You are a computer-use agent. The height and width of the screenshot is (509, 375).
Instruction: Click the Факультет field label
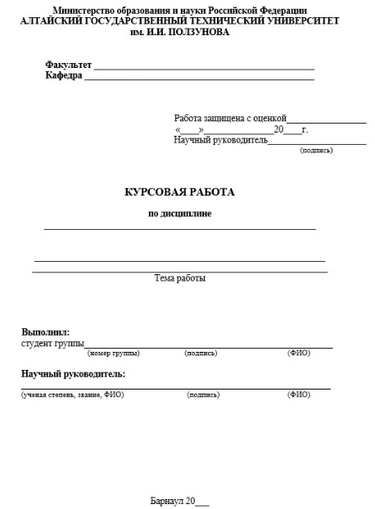coord(69,65)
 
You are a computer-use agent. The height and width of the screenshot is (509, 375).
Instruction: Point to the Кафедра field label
coord(64,75)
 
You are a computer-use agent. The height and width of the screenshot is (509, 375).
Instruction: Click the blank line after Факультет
coord(204,68)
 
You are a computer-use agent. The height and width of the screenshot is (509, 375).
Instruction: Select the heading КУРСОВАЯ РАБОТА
coord(179,192)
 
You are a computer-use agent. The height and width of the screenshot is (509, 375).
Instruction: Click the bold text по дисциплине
coord(179,214)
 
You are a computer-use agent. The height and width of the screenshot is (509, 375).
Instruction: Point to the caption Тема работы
coord(180,278)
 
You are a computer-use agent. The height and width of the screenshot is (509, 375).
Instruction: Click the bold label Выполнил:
coord(45,332)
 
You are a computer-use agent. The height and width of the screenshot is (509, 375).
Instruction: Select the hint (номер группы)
coord(113,354)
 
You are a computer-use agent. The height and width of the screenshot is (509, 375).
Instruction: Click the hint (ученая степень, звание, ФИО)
coord(72,394)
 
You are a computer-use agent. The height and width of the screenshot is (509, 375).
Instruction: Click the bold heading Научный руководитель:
coord(73,374)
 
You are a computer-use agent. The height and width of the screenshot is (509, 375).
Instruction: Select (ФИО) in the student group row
coord(299,354)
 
